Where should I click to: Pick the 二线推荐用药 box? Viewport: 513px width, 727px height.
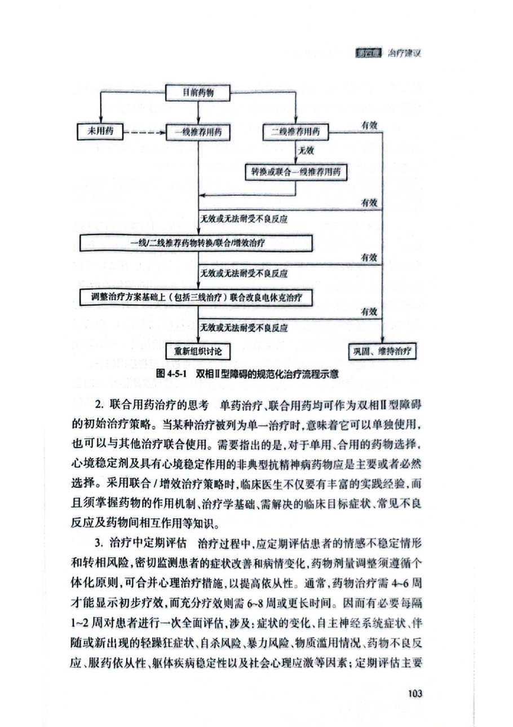point(295,132)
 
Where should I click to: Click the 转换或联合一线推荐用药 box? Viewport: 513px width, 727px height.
point(295,170)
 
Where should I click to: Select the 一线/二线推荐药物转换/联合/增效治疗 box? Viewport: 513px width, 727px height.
point(197,243)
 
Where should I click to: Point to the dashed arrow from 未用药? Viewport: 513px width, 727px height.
point(144,133)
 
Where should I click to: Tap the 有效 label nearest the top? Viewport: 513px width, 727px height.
point(370,125)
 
